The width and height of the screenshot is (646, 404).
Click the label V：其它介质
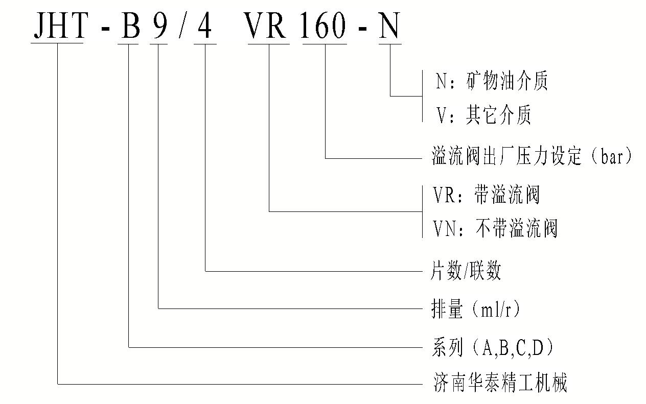(483, 116)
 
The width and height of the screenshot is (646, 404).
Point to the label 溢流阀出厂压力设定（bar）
(532, 156)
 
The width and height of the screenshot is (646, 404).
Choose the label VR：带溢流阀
(486, 195)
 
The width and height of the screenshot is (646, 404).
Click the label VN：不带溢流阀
(495, 228)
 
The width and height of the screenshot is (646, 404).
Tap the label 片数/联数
(466, 271)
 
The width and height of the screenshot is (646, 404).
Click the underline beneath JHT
(57, 43)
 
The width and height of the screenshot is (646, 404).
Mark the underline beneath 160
(325, 43)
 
